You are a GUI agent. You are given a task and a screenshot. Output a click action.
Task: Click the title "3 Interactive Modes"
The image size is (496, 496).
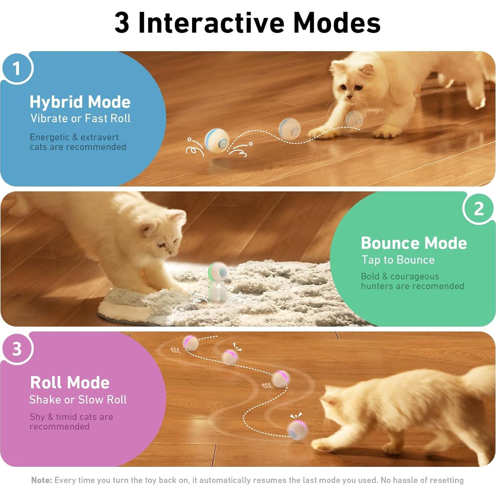[248, 23]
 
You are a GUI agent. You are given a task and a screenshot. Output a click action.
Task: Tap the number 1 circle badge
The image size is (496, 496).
[17, 68]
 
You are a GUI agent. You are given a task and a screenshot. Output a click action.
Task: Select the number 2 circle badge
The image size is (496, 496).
[478, 209]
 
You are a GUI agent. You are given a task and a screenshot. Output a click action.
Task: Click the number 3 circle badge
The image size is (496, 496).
[17, 349]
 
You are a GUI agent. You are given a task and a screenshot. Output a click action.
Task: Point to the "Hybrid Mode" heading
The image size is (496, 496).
[80, 102]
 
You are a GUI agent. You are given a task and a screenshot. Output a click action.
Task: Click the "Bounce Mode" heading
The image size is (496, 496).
[414, 243]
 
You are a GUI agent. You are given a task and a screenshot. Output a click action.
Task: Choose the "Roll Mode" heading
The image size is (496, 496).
[70, 383]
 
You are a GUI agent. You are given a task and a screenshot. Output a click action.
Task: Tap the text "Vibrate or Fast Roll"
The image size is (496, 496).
[80, 118]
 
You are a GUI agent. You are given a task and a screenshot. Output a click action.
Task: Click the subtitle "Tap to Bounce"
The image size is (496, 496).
[398, 260]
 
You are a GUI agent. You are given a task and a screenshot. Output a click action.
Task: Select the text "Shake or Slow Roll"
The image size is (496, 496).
[78, 400]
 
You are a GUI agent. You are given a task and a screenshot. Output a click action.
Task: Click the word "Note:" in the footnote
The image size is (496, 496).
[41, 480]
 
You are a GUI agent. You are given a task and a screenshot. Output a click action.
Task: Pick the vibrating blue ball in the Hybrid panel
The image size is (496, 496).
[217, 140]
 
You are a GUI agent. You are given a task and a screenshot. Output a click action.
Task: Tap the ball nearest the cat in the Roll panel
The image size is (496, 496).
[298, 430]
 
